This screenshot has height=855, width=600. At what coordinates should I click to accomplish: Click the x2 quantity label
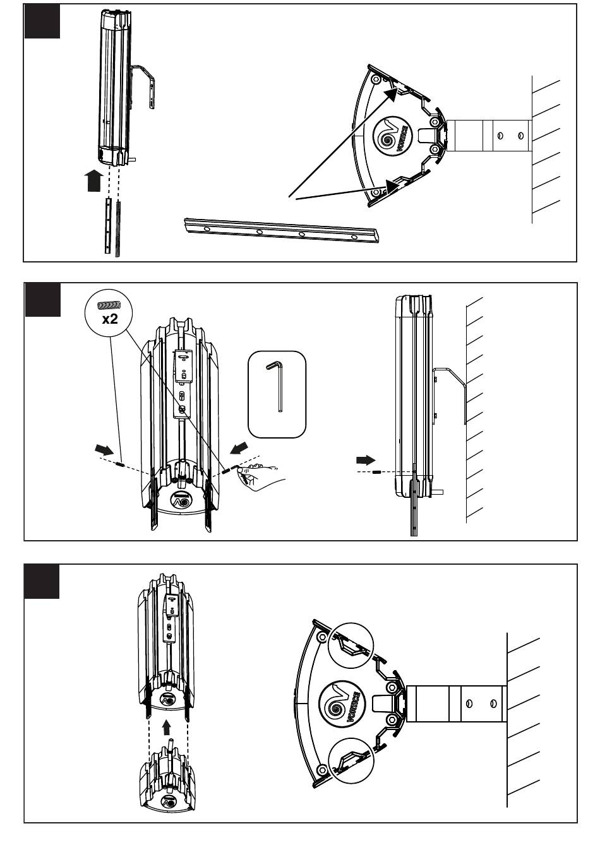(110, 319)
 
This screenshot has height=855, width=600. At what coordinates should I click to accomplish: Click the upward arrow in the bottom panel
(167, 728)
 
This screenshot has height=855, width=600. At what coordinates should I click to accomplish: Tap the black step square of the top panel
(42, 21)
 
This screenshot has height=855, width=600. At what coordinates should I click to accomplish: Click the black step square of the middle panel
(42, 300)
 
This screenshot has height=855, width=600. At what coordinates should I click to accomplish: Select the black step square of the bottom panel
(42, 582)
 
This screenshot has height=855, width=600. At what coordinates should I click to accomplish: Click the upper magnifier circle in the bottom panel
(351, 645)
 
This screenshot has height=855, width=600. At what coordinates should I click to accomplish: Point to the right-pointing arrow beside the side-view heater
(365, 459)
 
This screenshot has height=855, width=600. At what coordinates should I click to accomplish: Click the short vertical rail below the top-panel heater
(109, 225)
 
